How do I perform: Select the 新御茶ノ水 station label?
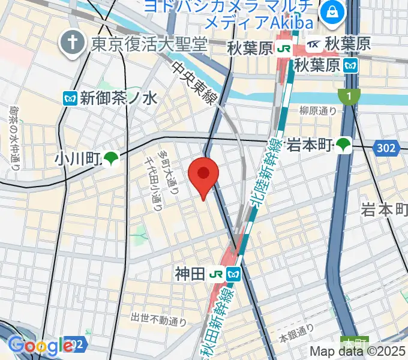[x=119, y=97]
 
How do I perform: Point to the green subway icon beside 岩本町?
[x=343, y=144]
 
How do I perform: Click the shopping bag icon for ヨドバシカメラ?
[x=331, y=11]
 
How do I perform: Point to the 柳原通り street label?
[x=319, y=110]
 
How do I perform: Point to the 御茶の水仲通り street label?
[x=15, y=135]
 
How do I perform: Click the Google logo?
[x=40, y=346]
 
